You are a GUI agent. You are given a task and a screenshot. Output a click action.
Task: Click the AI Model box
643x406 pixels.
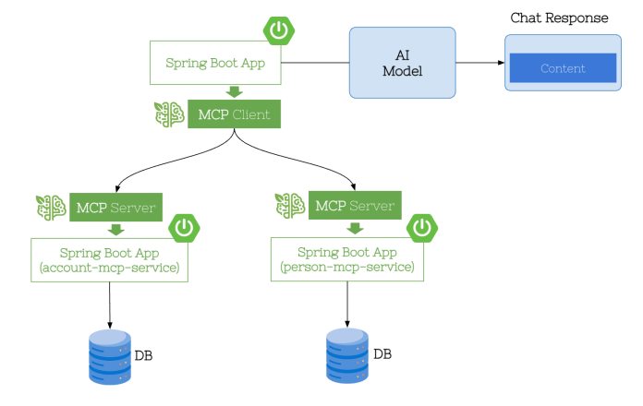(x=402, y=62)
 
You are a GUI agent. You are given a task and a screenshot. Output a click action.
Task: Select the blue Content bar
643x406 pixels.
(x=562, y=67)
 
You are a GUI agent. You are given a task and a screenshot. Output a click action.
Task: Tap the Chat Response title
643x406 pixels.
(x=560, y=18)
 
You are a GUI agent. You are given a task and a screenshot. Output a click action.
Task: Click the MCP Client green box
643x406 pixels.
(x=234, y=114)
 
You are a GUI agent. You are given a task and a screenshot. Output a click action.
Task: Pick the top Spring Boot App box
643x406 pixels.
(x=215, y=64)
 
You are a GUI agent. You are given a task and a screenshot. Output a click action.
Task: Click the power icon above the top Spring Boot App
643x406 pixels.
(x=278, y=30)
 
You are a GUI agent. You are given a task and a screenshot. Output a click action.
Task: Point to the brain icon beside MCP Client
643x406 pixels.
(x=169, y=114)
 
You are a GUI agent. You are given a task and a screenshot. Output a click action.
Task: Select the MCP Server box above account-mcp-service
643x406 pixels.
(x=115, y=206)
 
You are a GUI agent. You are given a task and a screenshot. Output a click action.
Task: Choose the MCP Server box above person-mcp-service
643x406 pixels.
(x=355, y=205)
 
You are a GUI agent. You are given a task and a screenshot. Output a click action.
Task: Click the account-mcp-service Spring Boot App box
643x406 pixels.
(x=110, y=259)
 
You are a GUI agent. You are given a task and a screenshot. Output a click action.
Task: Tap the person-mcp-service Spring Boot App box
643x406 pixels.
(x=347, y=258)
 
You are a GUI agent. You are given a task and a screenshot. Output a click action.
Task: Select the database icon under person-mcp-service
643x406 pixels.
(x=347, y=355)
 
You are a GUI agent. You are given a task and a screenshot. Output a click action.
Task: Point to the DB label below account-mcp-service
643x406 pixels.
(x=145, y=355)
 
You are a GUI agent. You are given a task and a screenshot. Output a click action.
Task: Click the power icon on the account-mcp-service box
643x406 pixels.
(x=185, y=227)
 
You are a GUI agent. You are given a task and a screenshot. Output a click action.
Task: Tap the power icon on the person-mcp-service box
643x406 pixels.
(x=422, y=226)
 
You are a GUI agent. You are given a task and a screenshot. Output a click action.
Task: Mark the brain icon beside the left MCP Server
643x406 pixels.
(x=50, y=207)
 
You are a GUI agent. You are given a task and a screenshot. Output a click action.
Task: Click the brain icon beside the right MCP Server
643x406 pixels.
(x=290, y=205)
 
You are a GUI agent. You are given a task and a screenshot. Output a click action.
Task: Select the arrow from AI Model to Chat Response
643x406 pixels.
(x=479, y=63)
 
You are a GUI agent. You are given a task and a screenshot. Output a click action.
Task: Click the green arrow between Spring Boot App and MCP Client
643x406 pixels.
(x=234, y=91)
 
